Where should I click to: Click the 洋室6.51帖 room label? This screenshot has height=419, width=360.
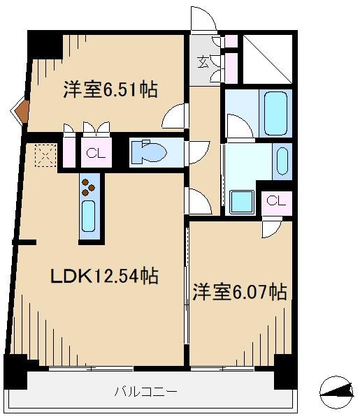tap(110, 90)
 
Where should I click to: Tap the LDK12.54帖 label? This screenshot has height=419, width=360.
tap(103, 276)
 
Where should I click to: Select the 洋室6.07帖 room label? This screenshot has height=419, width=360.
tap(239, 292)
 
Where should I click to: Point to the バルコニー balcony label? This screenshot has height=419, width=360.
tap(145, 392)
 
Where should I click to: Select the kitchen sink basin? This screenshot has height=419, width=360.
tap(89, 218)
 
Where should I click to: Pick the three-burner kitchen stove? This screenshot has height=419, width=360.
tap(89, 185)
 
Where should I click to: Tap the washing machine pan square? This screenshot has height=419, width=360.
tap(242, 201)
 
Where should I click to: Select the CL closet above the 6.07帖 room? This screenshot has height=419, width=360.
tap(275, 201)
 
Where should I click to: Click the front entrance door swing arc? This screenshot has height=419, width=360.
tap(203, 18)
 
